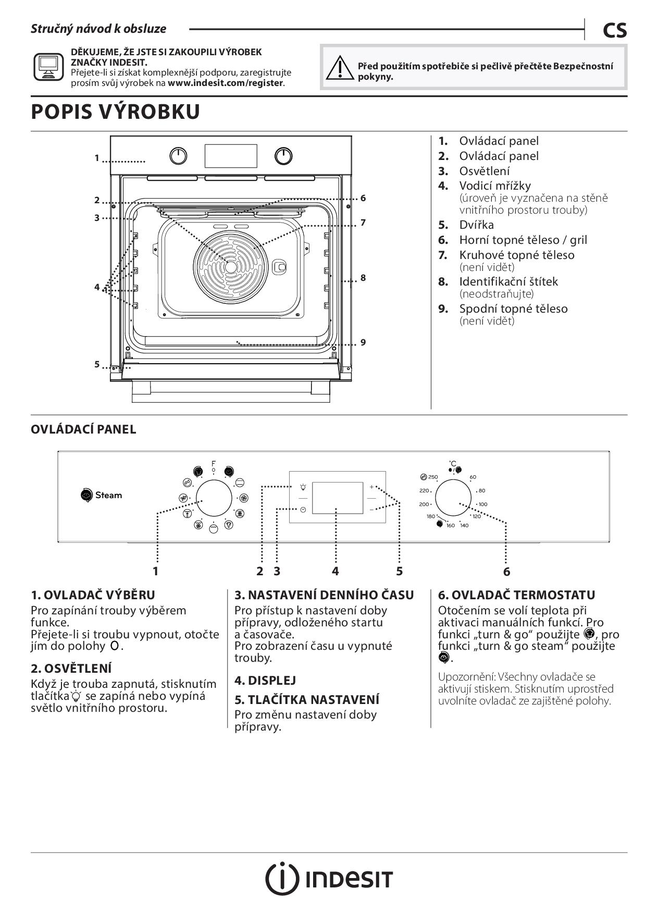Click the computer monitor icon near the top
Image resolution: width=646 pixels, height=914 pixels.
[49, 66]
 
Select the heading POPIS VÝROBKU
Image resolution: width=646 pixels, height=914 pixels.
[116, 112]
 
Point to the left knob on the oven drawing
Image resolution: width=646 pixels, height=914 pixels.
[179, 156]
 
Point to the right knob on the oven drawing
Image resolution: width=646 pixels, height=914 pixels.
[283, 156]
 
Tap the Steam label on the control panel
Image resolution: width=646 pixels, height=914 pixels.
[108, 495]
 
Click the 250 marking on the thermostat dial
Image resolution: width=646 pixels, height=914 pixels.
[432, 477]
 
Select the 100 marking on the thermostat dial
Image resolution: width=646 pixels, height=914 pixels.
[483, 504]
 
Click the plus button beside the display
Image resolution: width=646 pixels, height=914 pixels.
[371, 487]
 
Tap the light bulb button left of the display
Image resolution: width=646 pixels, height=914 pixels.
[303, 487]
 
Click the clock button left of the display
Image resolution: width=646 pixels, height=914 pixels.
[303, 510]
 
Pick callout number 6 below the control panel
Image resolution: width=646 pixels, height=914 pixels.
[506, 572]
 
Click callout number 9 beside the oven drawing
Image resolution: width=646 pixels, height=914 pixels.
[363, 342]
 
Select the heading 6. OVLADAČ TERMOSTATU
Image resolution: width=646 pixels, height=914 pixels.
[516, 595]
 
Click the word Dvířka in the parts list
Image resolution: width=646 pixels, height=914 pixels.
[476, 225]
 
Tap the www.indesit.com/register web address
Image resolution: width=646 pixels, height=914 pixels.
[226, 83]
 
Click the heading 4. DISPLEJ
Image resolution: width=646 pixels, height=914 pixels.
[265, 680]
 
